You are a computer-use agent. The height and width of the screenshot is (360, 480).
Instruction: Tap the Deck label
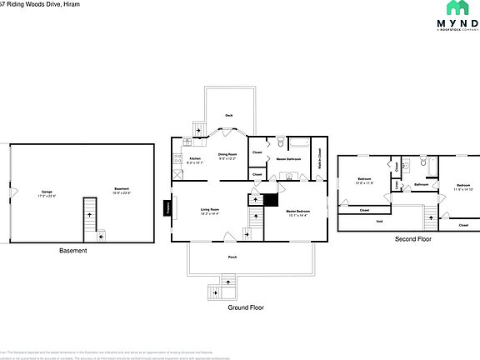coord(229,116)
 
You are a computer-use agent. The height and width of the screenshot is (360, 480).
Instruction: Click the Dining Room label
coord(228,155)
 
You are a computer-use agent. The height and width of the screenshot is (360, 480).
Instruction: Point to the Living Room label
coord(209,210)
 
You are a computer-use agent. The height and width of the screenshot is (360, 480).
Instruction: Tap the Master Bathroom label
coord(288,158)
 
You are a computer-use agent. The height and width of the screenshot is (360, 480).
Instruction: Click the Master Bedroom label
coord(297,213)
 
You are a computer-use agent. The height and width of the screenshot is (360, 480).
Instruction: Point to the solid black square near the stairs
coord(269,200)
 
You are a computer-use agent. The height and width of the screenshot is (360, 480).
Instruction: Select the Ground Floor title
coord(246,307)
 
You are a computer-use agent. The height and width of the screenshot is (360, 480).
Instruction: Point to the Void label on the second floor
coord(379,221)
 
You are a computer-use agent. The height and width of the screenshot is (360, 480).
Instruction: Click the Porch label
coord(232,257)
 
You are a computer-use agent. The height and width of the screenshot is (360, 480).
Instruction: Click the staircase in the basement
coord(88,219)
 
